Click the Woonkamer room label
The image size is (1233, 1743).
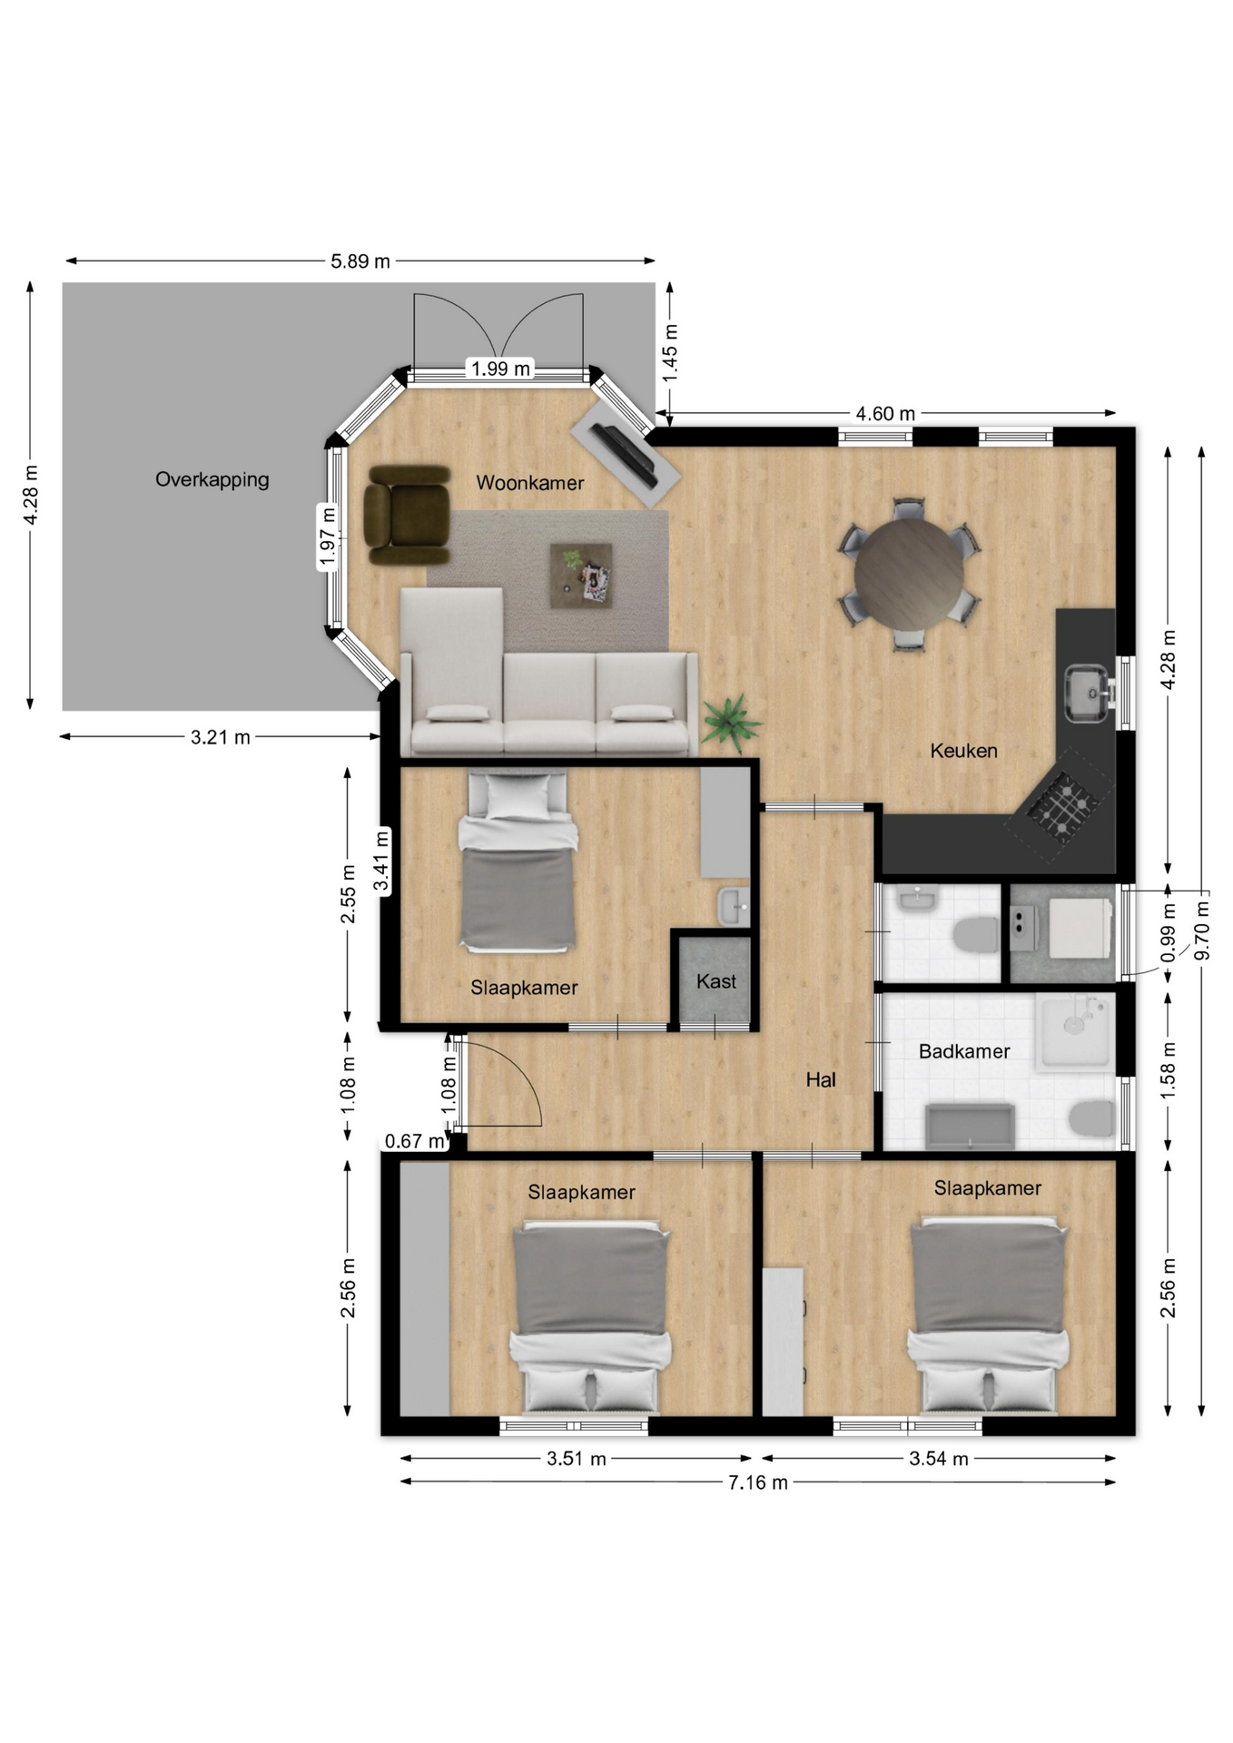pos(530,483)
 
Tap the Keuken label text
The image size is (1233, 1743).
pos(963,751)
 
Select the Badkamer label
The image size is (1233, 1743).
pos(964,1051)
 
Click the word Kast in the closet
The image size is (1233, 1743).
pos(716,981)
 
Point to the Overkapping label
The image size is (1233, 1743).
pos(212,479)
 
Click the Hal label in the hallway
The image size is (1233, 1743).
pos(821,1079)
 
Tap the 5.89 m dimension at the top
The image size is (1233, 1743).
pos(360,261)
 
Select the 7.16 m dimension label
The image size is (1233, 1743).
pos(758,1482)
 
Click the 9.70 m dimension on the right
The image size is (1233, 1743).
pos(1202,930)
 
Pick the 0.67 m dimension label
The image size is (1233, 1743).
pos(415,1141)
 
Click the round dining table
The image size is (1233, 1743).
pos(909,574)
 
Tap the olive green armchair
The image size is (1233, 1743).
pos(408,516)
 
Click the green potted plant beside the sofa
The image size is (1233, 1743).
pos(732,723)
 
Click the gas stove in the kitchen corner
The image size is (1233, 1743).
pos(1062,804)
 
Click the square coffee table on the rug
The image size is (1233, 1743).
pos(581,576)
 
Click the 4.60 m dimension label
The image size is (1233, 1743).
pos(885,414)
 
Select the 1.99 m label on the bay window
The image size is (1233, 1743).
pos(500,369)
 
